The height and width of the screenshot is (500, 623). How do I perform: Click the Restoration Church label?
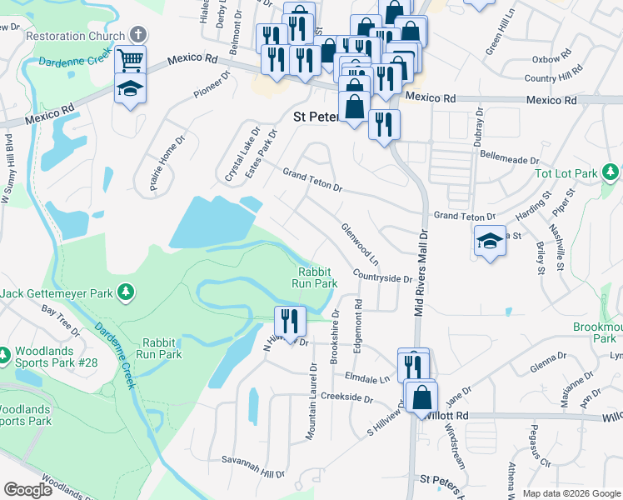click(76, 36)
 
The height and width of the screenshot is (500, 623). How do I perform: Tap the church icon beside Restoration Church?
click(139, 35)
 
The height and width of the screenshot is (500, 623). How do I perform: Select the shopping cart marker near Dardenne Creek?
click(131, 60)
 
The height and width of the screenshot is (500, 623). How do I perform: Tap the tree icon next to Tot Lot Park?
click(611, 172)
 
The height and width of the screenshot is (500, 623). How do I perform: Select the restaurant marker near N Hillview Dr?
click(290, 321)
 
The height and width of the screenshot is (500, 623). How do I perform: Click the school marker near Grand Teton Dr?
click(490, 242)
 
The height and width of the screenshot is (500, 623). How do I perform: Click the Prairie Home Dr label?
click(164, 164)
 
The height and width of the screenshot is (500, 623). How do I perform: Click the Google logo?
click(27, 490)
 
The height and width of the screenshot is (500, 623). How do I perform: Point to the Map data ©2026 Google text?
click(571, 493)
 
